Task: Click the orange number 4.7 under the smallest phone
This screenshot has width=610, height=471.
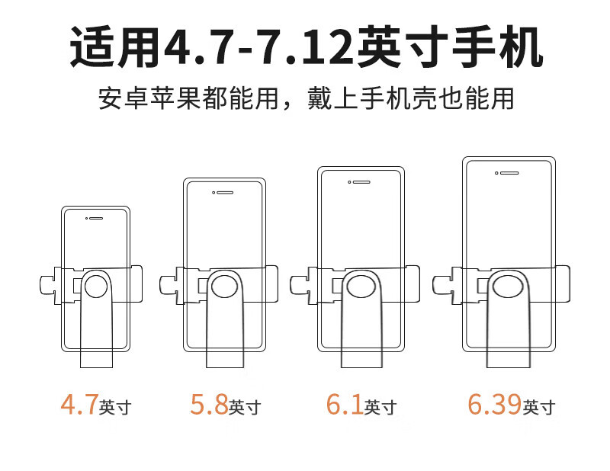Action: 79,404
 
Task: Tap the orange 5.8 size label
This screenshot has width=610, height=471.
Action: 209,404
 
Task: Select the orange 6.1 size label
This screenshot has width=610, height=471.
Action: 345,404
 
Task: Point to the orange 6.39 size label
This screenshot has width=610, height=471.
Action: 494,404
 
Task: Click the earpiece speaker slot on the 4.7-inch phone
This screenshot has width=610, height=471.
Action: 96,218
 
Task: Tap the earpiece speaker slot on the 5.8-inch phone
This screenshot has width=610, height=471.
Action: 225,193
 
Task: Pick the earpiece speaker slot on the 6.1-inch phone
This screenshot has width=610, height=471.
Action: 361,182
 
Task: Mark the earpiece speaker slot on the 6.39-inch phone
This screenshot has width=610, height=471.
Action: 509,173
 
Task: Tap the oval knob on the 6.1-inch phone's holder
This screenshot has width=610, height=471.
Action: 361,287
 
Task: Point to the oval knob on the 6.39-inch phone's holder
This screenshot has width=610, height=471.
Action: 508,287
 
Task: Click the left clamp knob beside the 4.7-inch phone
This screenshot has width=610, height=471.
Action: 47,286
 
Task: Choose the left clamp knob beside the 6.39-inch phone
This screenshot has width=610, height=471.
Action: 442,286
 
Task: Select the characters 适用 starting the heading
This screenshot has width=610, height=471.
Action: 115,47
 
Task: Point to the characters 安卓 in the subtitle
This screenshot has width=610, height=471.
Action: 124,98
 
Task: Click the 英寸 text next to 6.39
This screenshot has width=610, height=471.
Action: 539,407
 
